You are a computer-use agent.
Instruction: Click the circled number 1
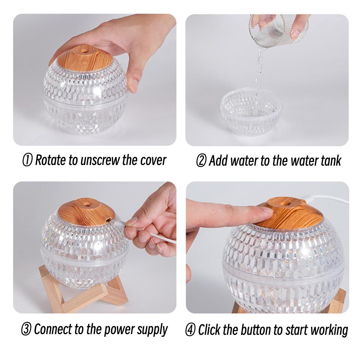pyautogui.click(x=27, y=160)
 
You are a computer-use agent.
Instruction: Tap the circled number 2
pyautogui.click(x=201, y=160)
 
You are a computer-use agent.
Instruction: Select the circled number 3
pyautogui.click(x=27, y=329)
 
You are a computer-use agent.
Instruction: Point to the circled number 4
pyautogui.click(x=190, y=330)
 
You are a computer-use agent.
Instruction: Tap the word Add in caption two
pyautogui.click(x=218, y=160)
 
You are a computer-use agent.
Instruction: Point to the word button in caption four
pyautogui.click(x=256, y=330)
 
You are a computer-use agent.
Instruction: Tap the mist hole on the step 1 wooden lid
pyautogui.click(x=85, y=49)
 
